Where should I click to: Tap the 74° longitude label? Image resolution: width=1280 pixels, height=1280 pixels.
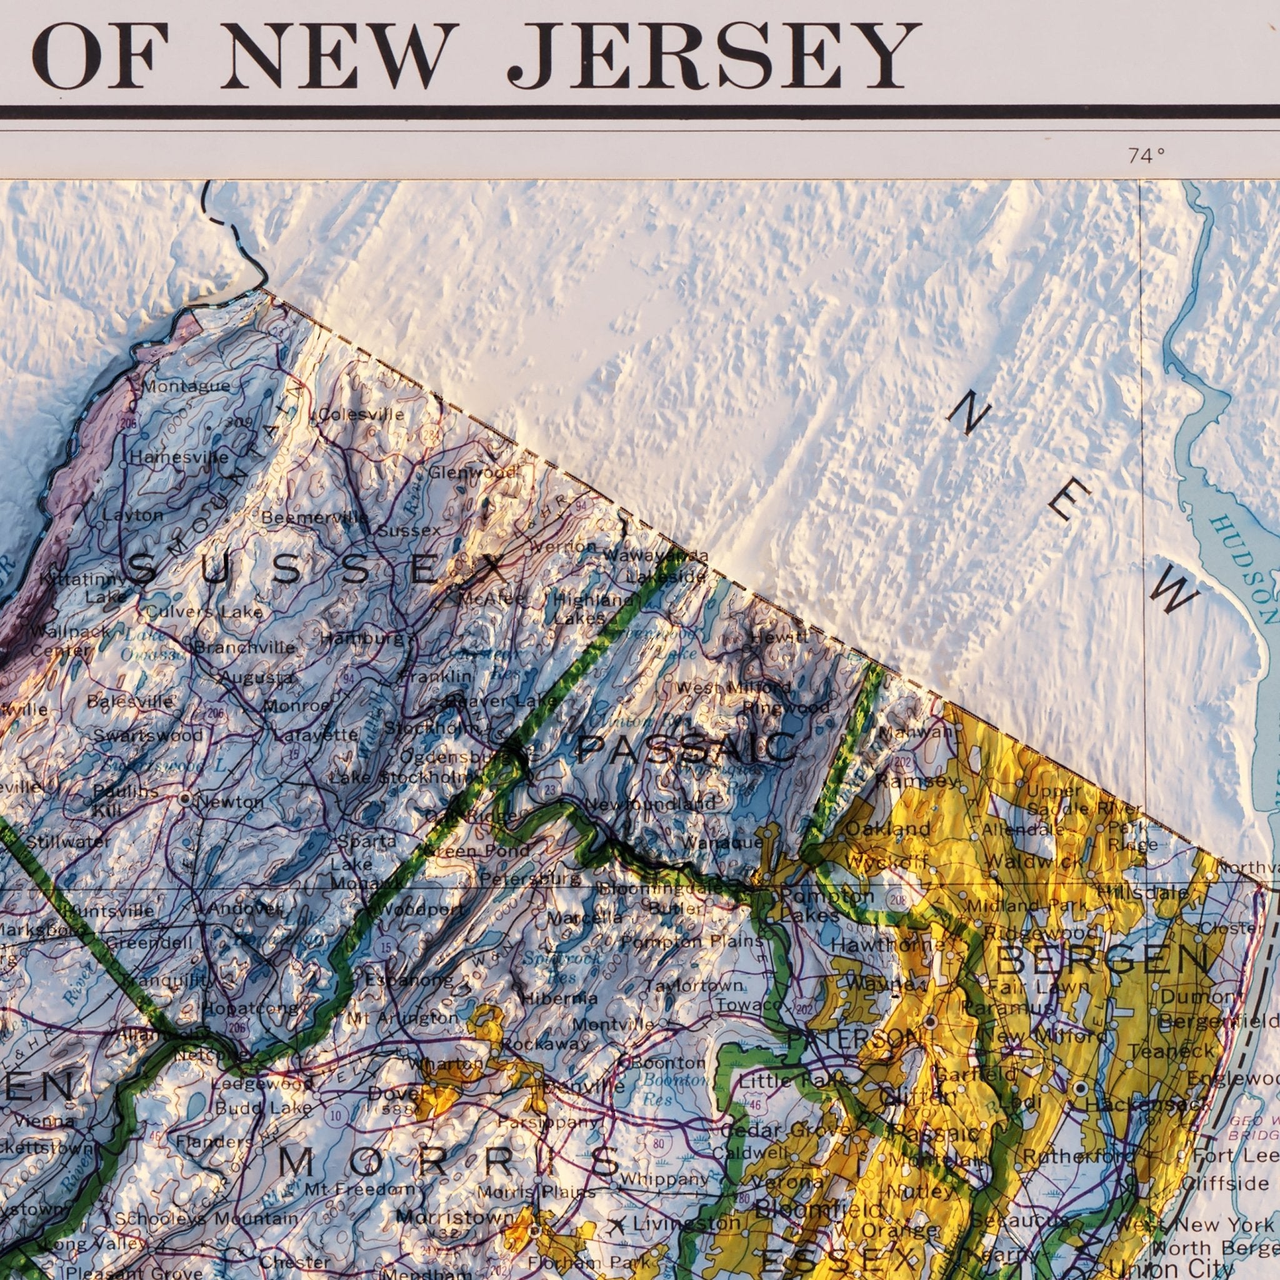(x=1146, y=156)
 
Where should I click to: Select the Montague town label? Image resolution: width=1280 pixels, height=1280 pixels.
(x=186, y=386)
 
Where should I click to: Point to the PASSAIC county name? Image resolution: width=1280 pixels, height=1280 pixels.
(x=687, y=749)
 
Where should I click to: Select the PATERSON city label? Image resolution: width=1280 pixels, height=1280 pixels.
(x=852, y=1039)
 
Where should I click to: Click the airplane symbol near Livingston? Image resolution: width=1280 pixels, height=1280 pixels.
(x=619, y=1224)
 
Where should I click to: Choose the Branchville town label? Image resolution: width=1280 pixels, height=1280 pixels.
(x=244, y=647)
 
